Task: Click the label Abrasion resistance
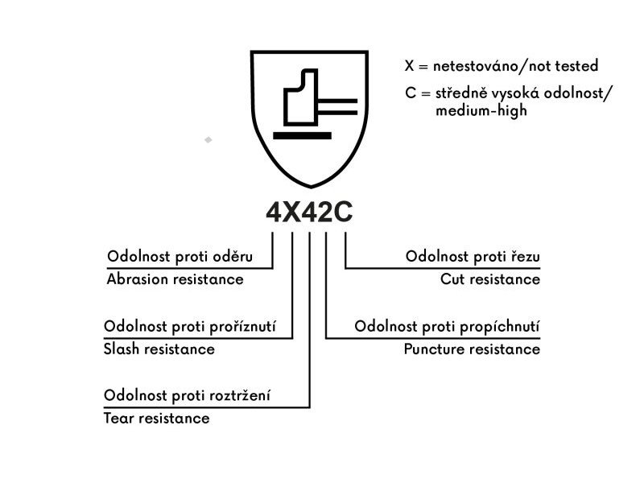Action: tap(175, 279)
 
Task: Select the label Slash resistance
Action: tap(159, 349)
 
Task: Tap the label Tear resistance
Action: tap(156, 419)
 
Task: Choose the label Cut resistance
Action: tap(490, 279)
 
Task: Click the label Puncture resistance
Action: tap(472, 349)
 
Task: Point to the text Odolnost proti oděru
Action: tap(180, 257)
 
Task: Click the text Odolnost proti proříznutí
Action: tap(190, 327)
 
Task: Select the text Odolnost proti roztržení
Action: tap(188, 396)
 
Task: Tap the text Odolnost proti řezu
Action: tap(473, 257)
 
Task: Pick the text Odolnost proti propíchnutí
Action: tap(447, 327)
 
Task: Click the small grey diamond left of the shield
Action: tap(208, 140)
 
